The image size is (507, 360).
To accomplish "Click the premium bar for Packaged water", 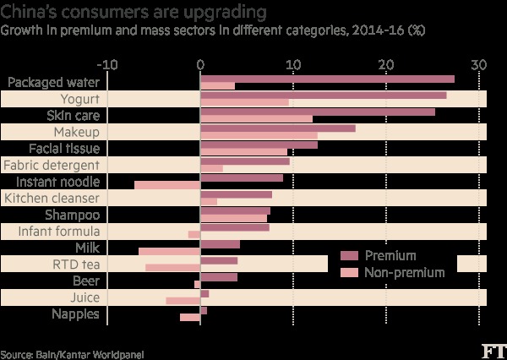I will coord(327,79).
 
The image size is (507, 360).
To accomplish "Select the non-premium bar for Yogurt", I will coord(244,103).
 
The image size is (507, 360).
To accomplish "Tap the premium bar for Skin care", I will coord(318,112).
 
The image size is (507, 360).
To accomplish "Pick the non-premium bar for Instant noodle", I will coord(167,186).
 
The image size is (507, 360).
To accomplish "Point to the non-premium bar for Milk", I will coord(169,252).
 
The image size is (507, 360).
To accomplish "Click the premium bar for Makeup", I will coord(277,128).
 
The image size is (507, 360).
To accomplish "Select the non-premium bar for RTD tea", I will coord(172,268).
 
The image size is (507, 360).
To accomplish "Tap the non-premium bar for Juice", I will coord(183,301).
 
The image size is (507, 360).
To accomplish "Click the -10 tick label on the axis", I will coord(107,63).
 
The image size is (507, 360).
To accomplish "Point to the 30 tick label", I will coord(478,63).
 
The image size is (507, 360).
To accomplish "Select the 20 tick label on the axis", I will coord(385,63).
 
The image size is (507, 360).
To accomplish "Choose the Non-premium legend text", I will coord(403,272).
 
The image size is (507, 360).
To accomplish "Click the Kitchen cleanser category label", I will coord(52,198).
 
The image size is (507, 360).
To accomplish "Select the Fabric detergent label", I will coord(52,165).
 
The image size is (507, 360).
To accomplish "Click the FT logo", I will coord(489,349).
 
